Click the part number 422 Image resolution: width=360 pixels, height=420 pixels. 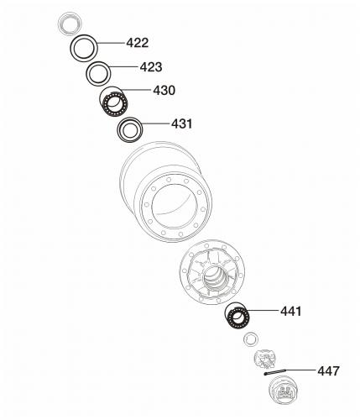138,43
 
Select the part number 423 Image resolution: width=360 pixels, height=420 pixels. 151,67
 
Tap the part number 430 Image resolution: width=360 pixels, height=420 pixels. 164,91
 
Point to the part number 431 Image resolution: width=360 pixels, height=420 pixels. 182,123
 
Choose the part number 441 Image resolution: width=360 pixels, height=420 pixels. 291,311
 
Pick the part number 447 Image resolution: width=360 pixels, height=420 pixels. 328,371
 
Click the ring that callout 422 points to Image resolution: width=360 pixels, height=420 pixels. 84,35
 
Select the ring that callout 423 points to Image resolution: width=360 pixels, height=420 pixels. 98,63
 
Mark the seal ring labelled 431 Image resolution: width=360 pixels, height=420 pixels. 130,118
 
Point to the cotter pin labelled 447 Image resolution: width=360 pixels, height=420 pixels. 275,372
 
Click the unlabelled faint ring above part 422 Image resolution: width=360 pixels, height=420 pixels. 70,13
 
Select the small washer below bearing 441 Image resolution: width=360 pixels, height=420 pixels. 251,333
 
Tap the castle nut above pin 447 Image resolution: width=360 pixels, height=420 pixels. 265,359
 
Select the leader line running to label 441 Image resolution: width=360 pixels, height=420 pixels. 262,311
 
